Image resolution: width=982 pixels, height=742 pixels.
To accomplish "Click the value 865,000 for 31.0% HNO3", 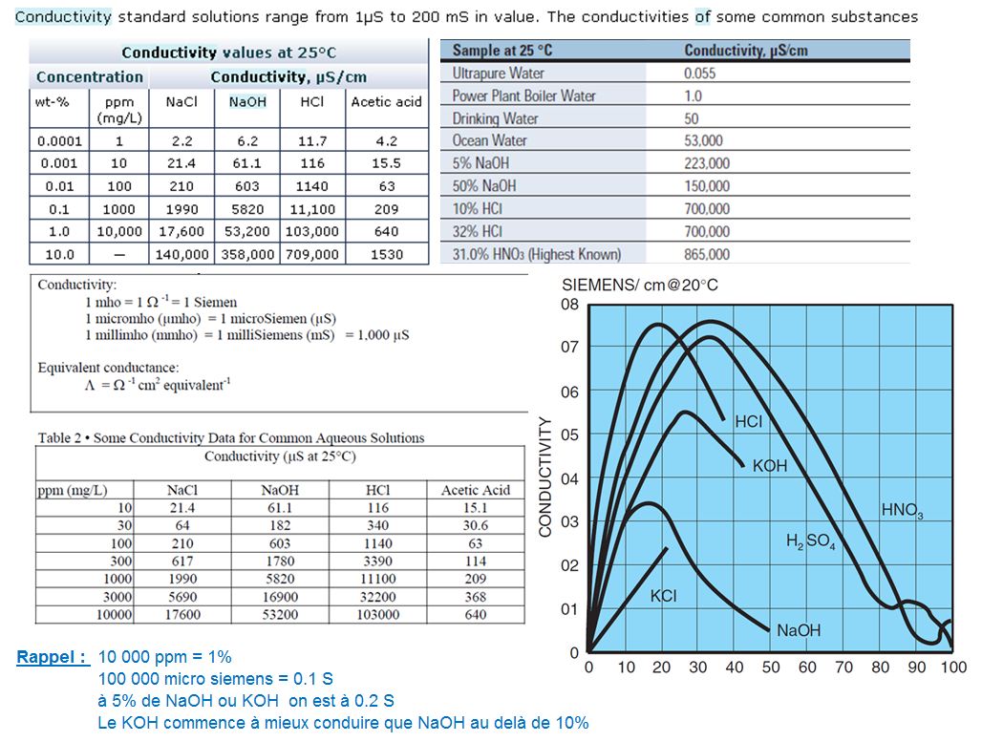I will coord(707,254).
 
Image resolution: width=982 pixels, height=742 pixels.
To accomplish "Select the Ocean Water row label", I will coord(489,140).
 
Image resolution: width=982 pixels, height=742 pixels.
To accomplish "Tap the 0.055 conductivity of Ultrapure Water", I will coord(699,73).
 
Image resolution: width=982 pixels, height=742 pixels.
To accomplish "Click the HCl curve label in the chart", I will coord(748,421).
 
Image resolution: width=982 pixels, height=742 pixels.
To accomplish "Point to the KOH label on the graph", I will coord(769,466).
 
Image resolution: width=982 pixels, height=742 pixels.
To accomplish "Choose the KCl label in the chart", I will coord(663,596).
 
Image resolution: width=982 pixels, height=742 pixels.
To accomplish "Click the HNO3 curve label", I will coord(901,511).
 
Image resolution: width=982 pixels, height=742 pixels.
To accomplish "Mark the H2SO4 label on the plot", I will coord(810,541).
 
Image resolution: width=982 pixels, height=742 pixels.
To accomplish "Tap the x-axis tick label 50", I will coord(771,667).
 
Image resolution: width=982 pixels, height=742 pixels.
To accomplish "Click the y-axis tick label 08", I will coord(569,305).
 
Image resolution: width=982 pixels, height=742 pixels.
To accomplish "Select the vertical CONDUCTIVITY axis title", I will coord(545,477).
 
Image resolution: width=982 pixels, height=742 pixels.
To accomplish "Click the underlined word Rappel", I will coord(52,657).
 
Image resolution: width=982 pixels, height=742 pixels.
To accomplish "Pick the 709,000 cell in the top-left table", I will coord(311,255).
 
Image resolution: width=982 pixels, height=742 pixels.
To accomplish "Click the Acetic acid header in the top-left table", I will coord(386,102).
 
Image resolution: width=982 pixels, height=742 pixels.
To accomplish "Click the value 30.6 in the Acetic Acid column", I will coord(475,525).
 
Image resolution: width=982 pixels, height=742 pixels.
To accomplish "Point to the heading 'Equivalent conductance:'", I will coord(108,367).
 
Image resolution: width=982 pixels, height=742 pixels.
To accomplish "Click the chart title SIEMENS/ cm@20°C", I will coord(639,285).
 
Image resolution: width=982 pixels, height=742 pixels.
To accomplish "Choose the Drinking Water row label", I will coord(495,118).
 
